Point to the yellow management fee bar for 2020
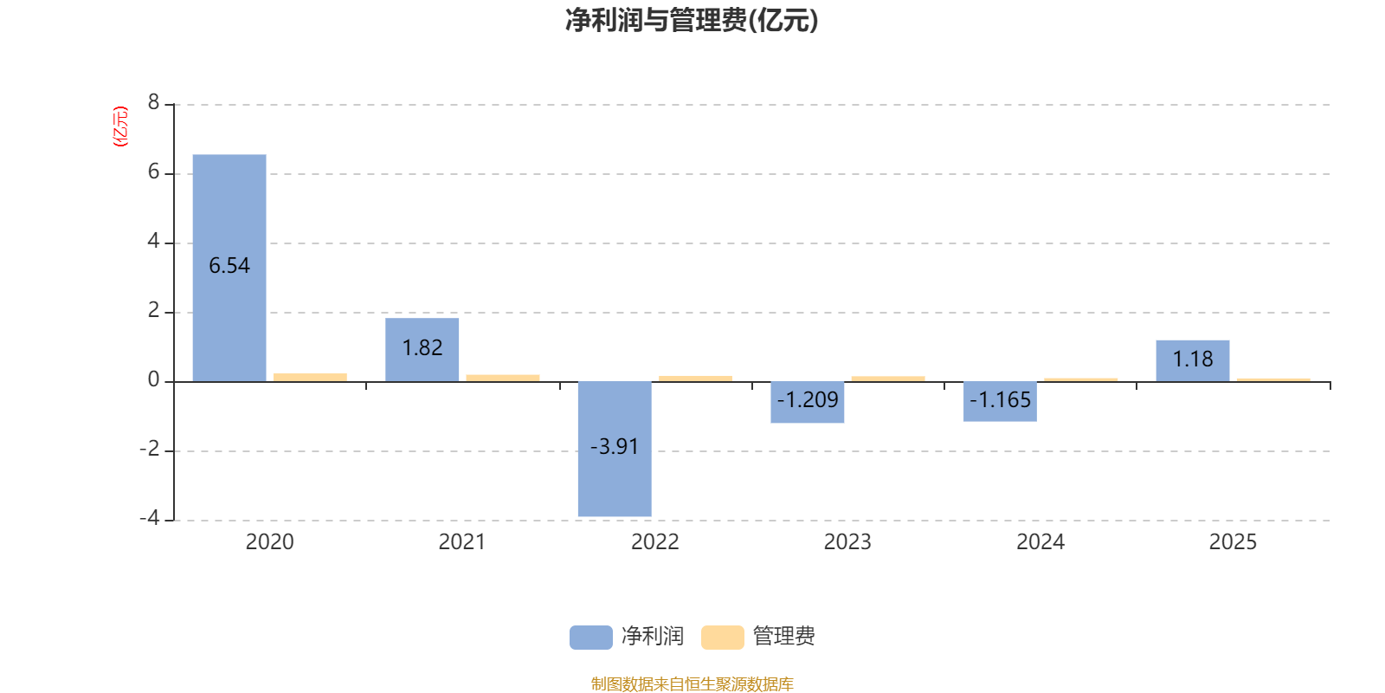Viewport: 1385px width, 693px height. (310, 377)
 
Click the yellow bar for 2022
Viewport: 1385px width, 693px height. (695, 378)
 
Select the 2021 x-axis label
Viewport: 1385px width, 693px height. (461, 542)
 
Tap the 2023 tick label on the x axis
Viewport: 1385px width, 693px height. (847, 542)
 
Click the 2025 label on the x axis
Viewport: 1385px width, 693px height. (1232, 542)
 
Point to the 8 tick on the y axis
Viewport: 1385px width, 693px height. (154, 103)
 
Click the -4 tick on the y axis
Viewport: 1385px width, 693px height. (150, 518)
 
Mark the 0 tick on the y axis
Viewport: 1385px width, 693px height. (154, 379)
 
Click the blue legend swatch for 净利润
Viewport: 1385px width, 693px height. (590, 638)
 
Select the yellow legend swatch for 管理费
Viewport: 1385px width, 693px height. (722, 638)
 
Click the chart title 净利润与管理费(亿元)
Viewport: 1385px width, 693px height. (692, 21)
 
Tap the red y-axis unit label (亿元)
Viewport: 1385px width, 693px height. (120, 126)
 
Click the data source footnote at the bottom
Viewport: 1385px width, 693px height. (692, 684)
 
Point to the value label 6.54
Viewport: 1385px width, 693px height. (229, 266)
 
